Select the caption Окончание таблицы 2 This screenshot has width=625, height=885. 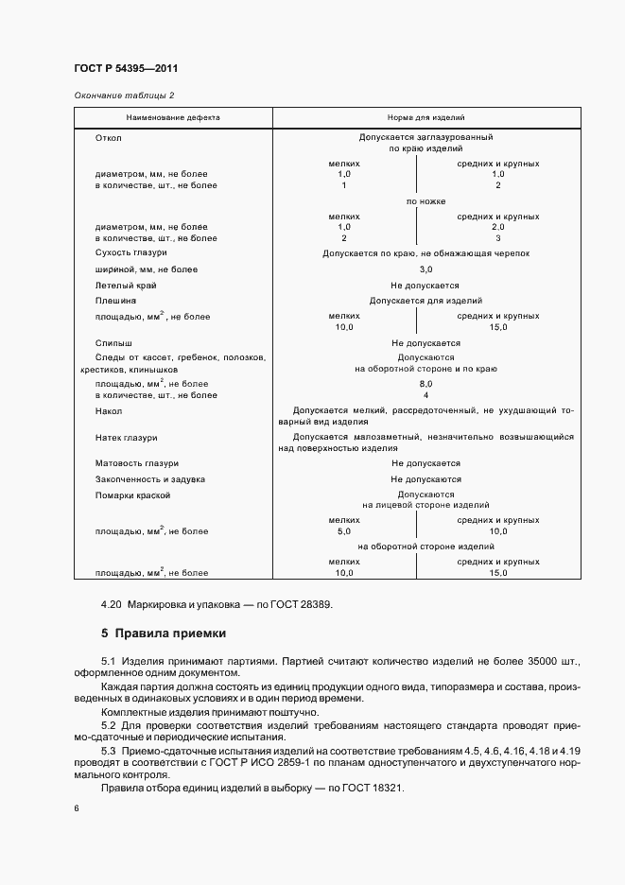pyautogui.click(x=124, y=95)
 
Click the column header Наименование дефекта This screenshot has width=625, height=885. pyautogui.click(x=173, y=118)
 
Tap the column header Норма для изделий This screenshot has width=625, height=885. pyautogui.click(x=425, y=118)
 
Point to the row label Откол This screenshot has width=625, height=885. pyautogui.click(x=109, y=137)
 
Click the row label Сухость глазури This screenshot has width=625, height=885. pyautogui.click(x=131, y=254)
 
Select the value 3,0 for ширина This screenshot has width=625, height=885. pyautogui.click(x=425, y=269)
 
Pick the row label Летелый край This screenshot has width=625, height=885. pyautogui.click(x=126, y=285)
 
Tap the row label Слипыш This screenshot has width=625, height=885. pyautogui.click(x=113, y=342)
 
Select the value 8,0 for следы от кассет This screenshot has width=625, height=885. pyautogui.click(x=425, y=384)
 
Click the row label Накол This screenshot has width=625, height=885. pyautogui.click(x=110, y=411)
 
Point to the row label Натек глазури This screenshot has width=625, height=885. pyautogui.click(x=127, y=438)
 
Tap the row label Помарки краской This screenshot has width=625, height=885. pyautogui.click(x=132, y=495)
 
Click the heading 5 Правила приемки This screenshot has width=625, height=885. pyautogui.click(x=164, y=633)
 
